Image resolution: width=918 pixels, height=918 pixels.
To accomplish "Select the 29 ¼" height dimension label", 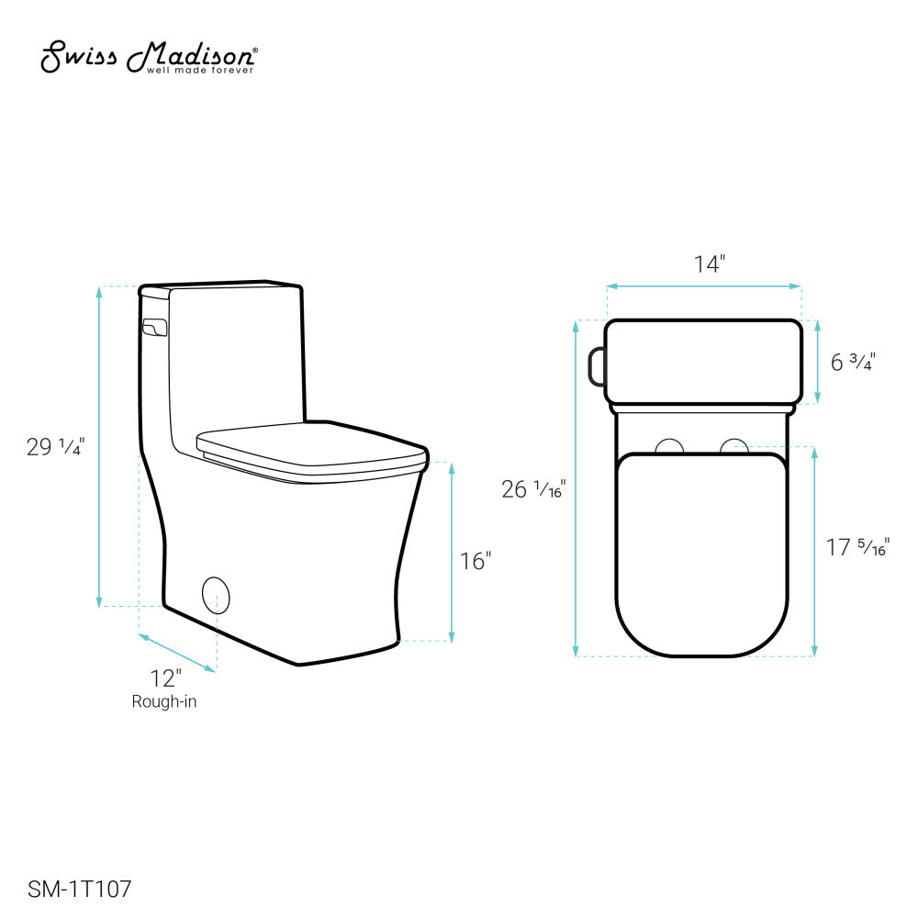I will [56, 447].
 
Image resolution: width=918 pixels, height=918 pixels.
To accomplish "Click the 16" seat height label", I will [476, 560].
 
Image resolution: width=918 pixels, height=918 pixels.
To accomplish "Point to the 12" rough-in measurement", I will [166, 679].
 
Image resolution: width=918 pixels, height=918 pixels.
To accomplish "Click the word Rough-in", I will [164, 702].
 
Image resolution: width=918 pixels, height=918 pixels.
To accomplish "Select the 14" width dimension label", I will [709, 264].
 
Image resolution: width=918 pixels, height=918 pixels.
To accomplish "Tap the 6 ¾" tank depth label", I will [853, 362].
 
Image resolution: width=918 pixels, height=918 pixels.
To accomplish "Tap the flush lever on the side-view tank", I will [154, 326].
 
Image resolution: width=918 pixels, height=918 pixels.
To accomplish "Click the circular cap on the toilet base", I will [216, 594].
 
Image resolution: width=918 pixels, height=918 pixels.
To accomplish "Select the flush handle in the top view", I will [596, 364].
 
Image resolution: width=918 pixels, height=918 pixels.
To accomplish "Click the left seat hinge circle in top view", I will [671, 446].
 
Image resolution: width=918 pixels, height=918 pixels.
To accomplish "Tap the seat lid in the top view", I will [702, 551].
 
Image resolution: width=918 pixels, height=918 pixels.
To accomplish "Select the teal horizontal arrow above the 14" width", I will [703, 286].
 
